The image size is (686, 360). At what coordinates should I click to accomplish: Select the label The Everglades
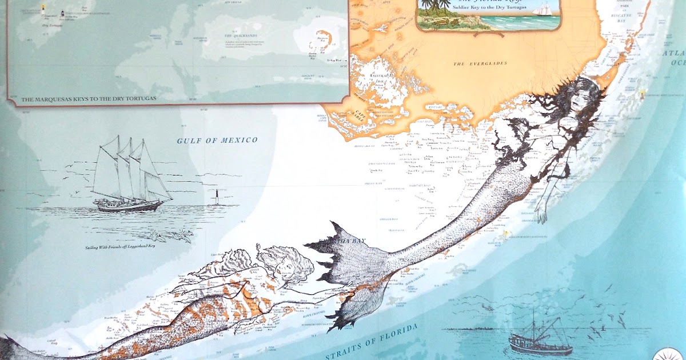click(480, 63)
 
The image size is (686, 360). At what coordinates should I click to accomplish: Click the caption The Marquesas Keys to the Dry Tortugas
click(89, 99)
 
